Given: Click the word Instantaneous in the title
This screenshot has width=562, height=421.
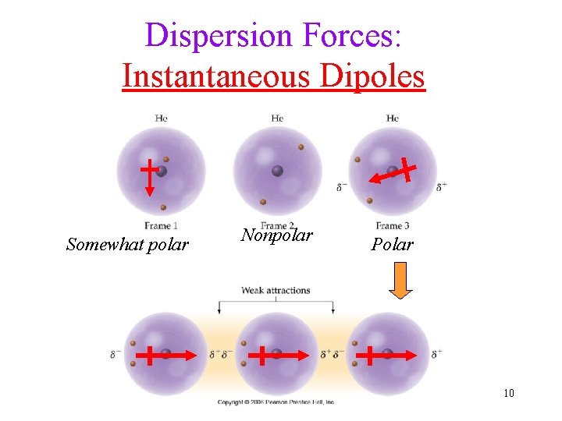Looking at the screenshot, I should (210, 76).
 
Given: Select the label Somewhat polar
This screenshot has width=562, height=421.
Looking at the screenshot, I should (127, 245).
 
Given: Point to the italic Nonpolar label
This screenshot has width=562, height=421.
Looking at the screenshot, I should (277, 235).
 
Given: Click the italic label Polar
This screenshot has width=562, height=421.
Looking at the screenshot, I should (392, 245).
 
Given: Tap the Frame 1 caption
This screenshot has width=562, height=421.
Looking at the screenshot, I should (161, 226).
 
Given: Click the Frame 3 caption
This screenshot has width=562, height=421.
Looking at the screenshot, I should (393, 226).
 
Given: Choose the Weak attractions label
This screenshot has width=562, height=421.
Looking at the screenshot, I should (276, 291).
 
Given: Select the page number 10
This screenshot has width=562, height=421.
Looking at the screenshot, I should (509, 393).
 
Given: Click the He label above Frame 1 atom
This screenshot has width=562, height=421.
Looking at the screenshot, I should (161, 119).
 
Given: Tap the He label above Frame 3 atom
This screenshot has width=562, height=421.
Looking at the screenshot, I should (393, 119).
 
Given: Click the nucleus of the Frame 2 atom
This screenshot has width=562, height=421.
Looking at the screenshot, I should (277, 171).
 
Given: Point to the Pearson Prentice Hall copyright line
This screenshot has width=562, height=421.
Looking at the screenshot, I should (276, 402).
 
